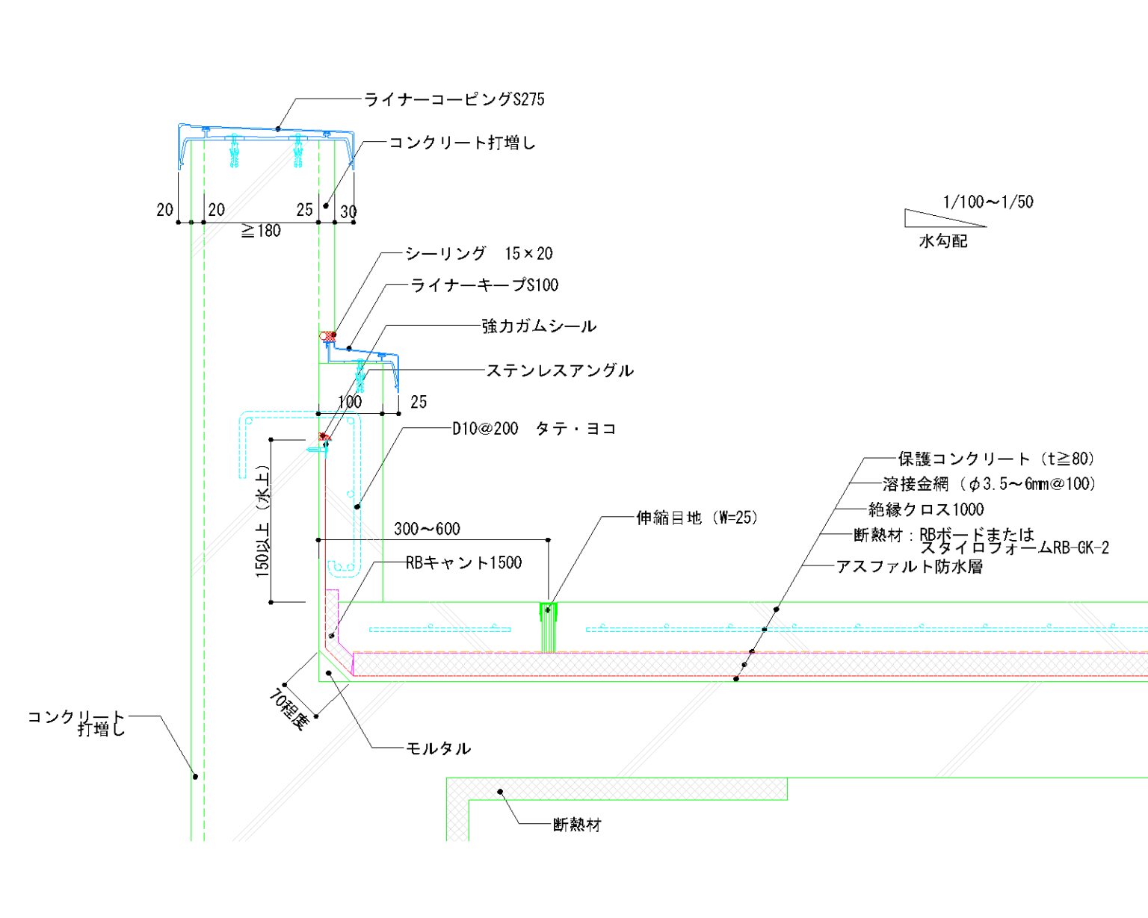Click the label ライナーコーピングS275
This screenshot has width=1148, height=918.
[454, 99]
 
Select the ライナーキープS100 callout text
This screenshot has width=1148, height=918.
[484, 285]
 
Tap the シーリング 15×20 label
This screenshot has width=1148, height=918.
[478, 254]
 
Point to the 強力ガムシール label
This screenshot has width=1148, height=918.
[539, 326]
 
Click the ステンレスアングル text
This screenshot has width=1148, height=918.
[560, 370]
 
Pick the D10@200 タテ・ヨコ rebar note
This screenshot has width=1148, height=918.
[534, 429]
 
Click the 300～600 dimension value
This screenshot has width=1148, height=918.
[427, 530]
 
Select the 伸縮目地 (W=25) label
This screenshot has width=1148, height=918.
[697, 518]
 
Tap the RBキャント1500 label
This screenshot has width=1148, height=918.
[463, 563]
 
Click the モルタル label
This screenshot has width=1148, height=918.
[438, 748]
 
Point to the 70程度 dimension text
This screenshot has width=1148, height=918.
[288, 707]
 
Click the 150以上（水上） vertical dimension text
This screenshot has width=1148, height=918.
[262, 521]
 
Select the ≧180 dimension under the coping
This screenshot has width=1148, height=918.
[261, 232]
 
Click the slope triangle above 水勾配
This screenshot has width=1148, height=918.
[934, 218]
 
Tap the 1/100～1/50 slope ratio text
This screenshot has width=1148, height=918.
[987, 202]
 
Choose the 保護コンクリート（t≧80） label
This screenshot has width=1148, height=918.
[996, 459]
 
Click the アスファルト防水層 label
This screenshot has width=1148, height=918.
[909, 567]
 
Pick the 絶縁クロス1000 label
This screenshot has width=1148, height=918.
[926, 510]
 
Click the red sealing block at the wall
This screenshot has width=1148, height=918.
[327, 336]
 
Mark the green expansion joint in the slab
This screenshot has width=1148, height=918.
[549, 627]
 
